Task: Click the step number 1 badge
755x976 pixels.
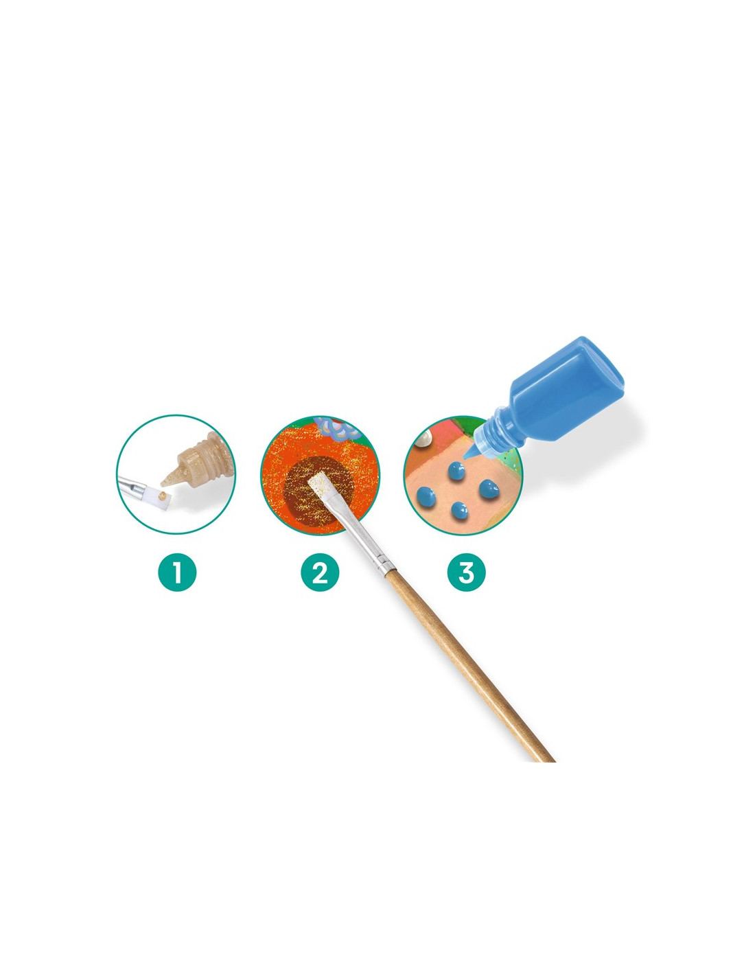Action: (x=177, y=572)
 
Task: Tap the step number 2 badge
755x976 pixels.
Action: (x=320, y=572)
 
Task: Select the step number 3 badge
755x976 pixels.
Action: (x=466, y=572)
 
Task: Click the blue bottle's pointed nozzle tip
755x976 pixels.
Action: (x=465, y=458)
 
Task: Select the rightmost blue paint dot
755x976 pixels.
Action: (x=487, y=489)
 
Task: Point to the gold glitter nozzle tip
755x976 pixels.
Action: (x=163, y=485)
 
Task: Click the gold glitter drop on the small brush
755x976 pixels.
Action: (x=163, y=494)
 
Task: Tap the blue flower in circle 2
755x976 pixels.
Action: (x=336, y=428)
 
